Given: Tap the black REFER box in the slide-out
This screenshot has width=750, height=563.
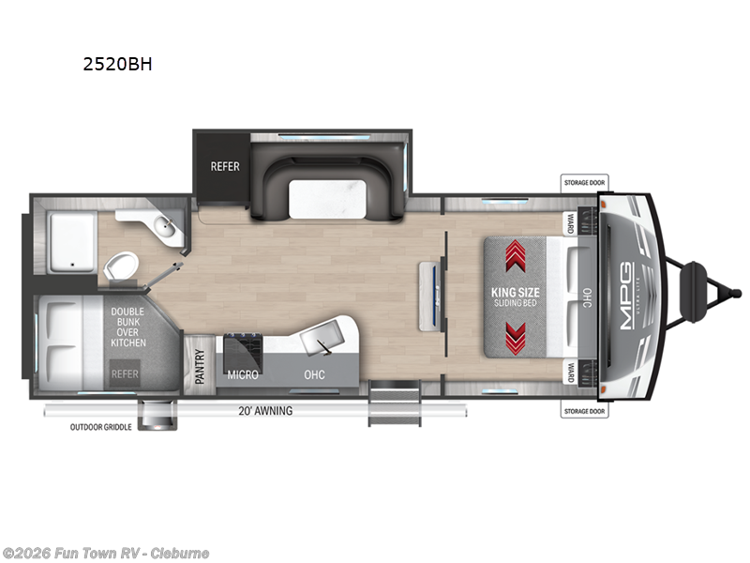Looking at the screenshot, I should click(224, 167).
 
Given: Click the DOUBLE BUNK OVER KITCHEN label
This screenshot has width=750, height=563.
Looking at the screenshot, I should click(128, 327).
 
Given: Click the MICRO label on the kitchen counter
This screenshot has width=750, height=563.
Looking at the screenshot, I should click(243, 374).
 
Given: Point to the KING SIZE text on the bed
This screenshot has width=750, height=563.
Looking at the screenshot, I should click(515, 292).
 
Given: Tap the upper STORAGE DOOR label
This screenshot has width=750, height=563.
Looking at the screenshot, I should click(584, 182).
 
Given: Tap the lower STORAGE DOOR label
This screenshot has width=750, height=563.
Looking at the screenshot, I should click(584, 411).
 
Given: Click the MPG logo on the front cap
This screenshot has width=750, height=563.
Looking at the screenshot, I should click(626, 296).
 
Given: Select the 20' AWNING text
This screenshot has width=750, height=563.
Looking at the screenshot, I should click(266, 411).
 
